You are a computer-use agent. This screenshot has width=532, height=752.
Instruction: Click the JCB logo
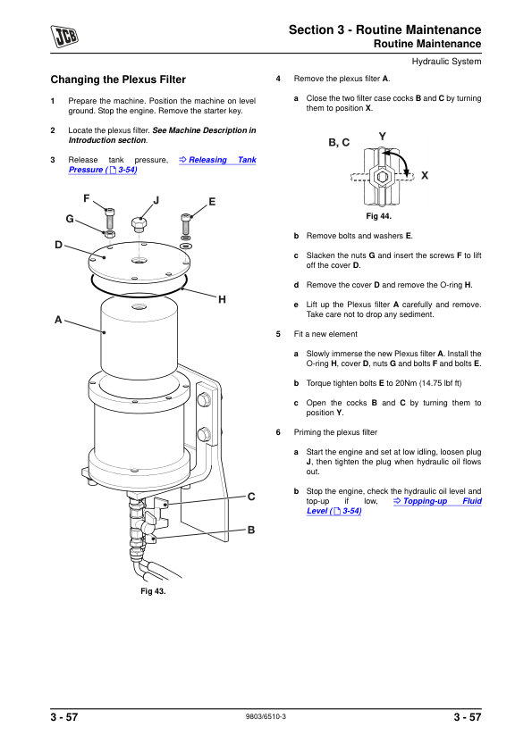coord(64,37)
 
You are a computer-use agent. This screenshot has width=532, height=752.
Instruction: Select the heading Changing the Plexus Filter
coord(118,79)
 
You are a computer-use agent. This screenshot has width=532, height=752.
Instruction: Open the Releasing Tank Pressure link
coord(163,164)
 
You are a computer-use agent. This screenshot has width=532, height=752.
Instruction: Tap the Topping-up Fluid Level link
coord(394,506)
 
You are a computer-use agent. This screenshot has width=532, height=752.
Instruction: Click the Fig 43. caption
coord(153,591)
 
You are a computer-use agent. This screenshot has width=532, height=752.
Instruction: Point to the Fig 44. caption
coord(379,216)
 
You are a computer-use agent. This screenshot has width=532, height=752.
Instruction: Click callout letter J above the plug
coord(156,200)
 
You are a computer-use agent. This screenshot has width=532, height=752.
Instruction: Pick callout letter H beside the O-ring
coord(222,300)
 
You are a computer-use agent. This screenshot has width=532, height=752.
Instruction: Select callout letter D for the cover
coord(59,245)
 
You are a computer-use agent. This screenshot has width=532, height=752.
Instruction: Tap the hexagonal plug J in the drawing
coord(139,224)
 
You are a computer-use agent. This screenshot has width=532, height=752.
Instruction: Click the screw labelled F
coord(110,219)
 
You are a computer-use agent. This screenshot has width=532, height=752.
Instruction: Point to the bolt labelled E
coord(186,224)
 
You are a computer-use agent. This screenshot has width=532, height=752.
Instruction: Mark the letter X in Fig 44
coord(425,176)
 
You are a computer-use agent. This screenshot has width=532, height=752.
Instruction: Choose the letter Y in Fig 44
coord(382,137)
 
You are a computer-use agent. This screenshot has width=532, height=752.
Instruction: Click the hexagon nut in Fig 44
coord(383,177)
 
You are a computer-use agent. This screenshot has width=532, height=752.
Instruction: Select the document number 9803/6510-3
coord(266,716)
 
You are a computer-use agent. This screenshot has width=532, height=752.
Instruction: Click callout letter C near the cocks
coord(251,497)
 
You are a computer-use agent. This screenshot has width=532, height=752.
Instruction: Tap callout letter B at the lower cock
coord(251,530)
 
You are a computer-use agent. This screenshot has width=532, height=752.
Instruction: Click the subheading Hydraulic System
coord(446,62)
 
